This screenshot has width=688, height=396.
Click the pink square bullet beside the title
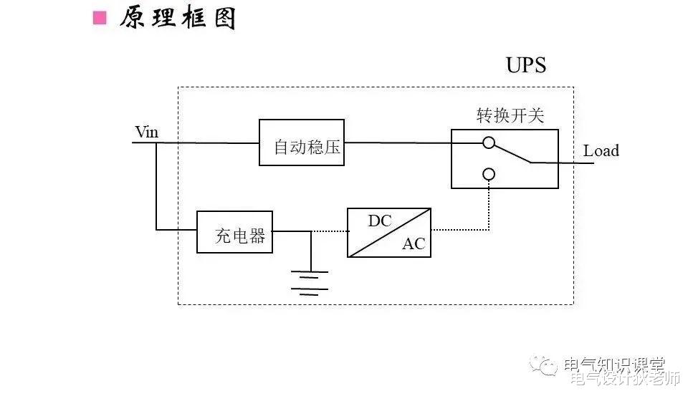click(x=100, y=18)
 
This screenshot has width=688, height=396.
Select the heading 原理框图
click(x=177, y=18)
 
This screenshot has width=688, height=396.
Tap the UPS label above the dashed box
click(x=526, y=65)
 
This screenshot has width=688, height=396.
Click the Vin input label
click(x=146, y=132)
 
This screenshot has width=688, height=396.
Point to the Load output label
click(x=601, y=151)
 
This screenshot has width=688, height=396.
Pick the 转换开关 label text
click(x=505, y=115)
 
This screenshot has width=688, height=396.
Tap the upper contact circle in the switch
click(x=489, y=143)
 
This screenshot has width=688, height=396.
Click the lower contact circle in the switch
click(x=489, y=174)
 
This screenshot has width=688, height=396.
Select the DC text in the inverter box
click(x=380, y=221)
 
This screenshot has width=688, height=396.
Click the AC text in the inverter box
click(x=414, y=244)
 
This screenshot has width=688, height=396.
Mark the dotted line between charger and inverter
click(x=329, y=231)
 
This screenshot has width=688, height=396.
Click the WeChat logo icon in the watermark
click(x=546, y=367)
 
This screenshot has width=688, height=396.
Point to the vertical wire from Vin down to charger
click(x=156, y=186)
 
